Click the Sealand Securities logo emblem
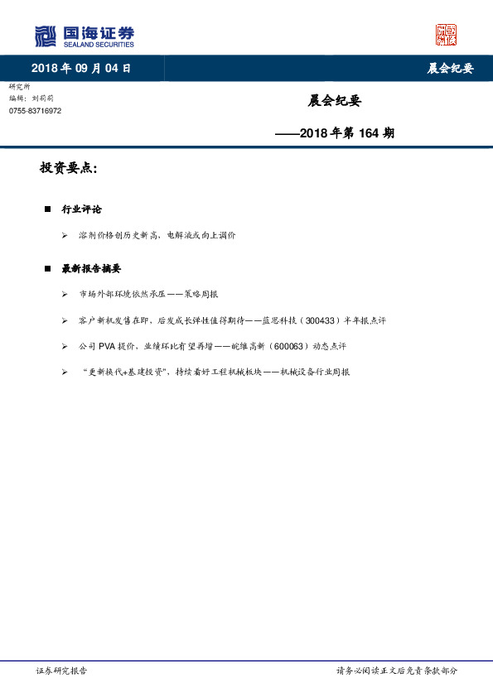tap(46, 36)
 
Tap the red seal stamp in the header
tap(446, 35)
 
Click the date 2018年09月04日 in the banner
tap(81, 69)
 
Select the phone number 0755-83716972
tap(35, 110)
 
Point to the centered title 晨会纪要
tap(335, 101)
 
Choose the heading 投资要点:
tap(69, 168)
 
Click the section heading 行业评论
tap(82, 209)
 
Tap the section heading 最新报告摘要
tap(91, 268)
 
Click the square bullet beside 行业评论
tap(47, 209)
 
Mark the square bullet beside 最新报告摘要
tap(47, 268)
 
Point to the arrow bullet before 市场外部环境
tap(65, 295)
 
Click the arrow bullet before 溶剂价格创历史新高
tap(65, 236)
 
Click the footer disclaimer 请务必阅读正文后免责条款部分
tap(396, 671)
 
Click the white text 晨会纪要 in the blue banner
tap(450, 69)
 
